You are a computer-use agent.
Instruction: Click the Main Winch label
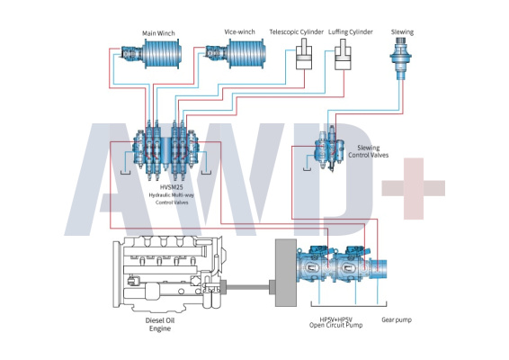click(158, 33)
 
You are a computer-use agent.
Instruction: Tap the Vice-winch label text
click(239, 31)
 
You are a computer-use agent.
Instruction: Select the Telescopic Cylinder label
click(297, 31)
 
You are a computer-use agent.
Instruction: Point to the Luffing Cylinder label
click(350, 31)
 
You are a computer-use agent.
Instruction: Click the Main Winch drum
click(162, 54)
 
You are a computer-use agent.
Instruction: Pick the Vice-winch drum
click(247, 54)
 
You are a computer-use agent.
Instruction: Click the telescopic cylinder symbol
click(304, 54)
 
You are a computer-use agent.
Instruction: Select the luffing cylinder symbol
click(343, 54)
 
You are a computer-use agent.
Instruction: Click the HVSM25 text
click(171, 187)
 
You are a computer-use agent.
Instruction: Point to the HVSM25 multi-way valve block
click(165, 149)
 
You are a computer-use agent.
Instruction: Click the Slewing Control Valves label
click(369, 151)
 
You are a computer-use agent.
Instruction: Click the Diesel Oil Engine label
click(160, 324)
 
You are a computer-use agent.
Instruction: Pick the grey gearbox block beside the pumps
click(286, 273)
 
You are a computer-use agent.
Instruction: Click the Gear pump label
click(397, 319)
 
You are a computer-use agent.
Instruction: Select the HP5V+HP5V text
click(336, 319)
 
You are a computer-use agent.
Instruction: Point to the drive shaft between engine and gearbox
click(248, 287)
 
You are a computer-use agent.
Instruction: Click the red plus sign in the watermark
click(414, 188)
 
